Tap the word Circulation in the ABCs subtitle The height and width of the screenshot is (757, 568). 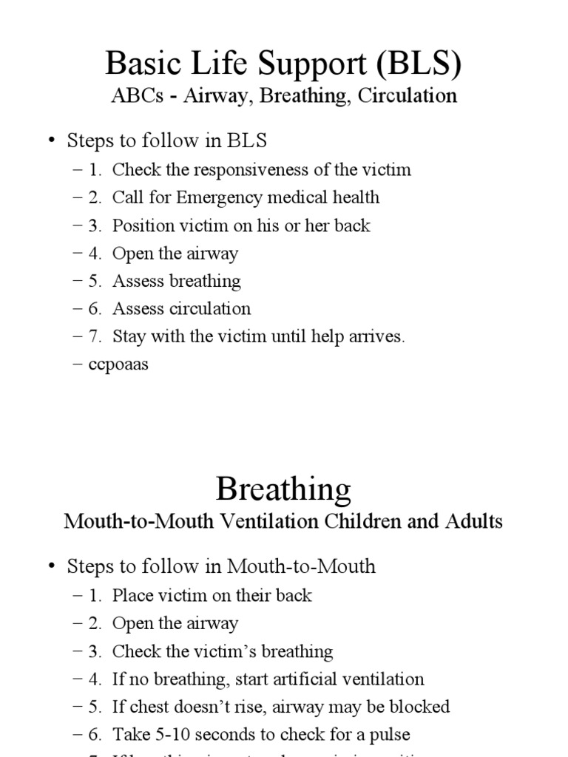tap(411, 95)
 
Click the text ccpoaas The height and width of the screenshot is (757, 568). tap(119, 364)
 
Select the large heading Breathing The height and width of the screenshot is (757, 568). tap(283, 489)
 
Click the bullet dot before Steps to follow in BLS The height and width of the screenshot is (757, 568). tap(51, 140)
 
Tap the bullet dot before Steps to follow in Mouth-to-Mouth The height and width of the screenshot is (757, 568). tap(51, 567)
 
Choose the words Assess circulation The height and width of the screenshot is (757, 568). tap(181, 309)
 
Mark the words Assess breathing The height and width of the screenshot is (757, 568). tap(176, 281)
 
